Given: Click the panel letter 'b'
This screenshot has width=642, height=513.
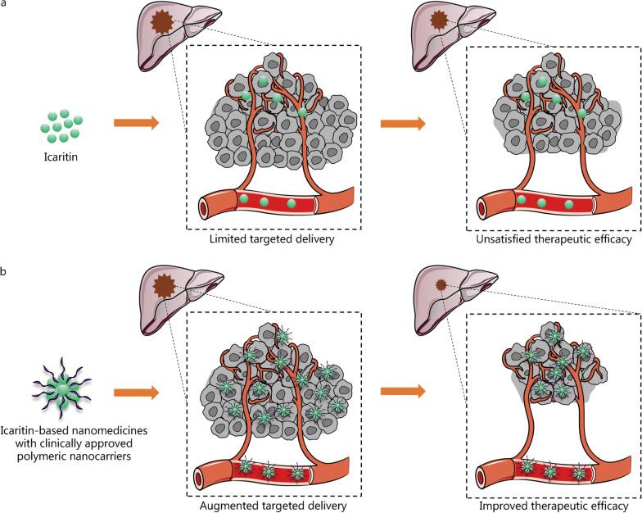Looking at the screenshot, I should click(5, 267).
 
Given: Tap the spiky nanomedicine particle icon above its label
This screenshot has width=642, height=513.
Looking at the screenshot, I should click(60, 386).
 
